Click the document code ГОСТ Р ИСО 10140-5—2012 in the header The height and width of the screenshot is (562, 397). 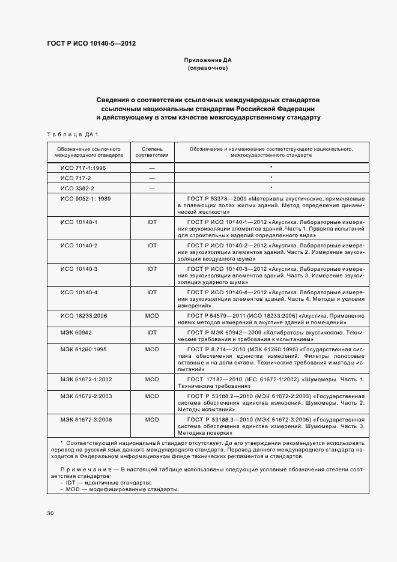click(91, 44)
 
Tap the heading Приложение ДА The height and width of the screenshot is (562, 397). click(207, 61)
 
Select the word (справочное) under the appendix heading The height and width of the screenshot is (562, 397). click(207, 68)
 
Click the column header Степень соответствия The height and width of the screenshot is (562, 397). click(152, 151)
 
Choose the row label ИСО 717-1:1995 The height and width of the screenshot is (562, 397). click(83, 168)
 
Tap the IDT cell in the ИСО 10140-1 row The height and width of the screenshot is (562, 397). click(152, 222)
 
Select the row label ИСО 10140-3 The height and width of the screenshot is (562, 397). click(79, 268)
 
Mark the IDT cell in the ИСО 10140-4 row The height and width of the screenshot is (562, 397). click(152, 291)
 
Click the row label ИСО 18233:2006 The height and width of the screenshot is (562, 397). click(83, 315)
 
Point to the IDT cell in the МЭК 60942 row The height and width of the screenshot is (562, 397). click(152, 332)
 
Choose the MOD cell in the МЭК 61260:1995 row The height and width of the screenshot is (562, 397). click(152, 349)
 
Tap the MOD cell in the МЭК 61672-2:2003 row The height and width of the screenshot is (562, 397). click(152, 396)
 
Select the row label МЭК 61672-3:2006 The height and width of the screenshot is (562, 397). click(85, 420)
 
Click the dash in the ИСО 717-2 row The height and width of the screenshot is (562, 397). click(152, 178)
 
